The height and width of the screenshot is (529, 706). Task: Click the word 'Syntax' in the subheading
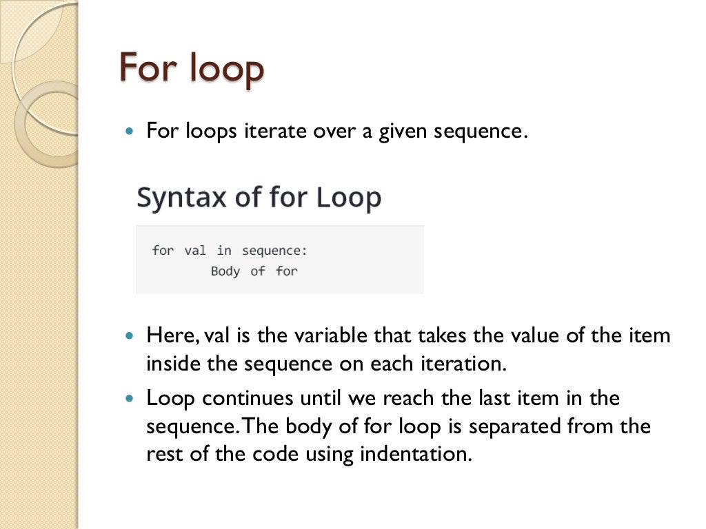181,198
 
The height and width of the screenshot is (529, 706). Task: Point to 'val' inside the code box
195,250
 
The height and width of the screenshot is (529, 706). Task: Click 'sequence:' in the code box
274,250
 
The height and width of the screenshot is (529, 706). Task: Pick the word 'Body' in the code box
225,271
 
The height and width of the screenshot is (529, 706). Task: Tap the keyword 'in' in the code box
224,250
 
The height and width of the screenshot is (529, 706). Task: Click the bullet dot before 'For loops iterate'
130,131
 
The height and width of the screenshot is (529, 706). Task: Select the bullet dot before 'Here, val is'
130,337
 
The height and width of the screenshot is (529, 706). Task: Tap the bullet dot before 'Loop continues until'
130,399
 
